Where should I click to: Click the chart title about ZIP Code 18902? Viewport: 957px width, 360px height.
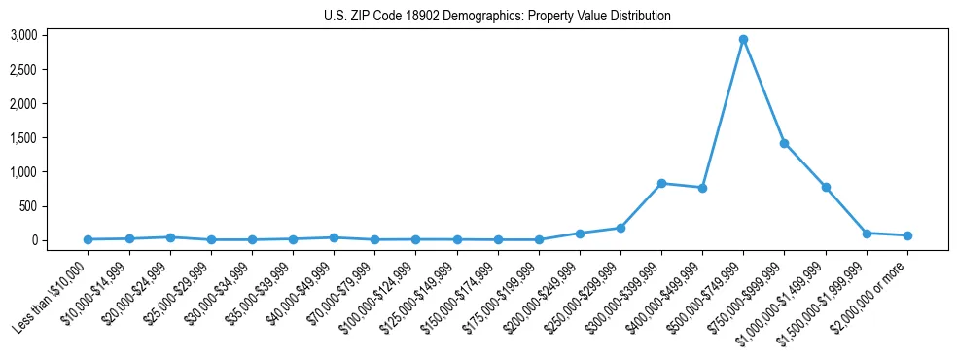pyautogui.click(x=497, y=17)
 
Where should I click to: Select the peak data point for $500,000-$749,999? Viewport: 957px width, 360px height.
pyautogui.click(x=743, y=40)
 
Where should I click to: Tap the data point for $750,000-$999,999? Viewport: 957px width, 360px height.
pyautogui.click(x=784, y=143)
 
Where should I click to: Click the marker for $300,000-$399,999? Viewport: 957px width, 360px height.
pyautogui.click(x=661, y=183)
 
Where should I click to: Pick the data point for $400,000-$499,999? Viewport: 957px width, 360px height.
pyautogui.click(x=702, y=188)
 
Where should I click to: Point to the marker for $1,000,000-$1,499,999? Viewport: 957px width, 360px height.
pyautogui.click(x=826, y=187)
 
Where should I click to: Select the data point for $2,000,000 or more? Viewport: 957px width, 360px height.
pyautogui.click(x=907, y=235)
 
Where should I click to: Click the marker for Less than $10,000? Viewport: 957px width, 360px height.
pyautogui.click(x=89, y=239)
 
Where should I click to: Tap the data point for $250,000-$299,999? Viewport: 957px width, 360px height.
pyautogui.click(x=620, y=228)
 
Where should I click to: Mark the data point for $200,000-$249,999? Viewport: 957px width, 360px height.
pyautogui.click(x=580, y=234)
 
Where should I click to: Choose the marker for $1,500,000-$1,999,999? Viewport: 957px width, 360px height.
pyautogui.click(x=867, y=234)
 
